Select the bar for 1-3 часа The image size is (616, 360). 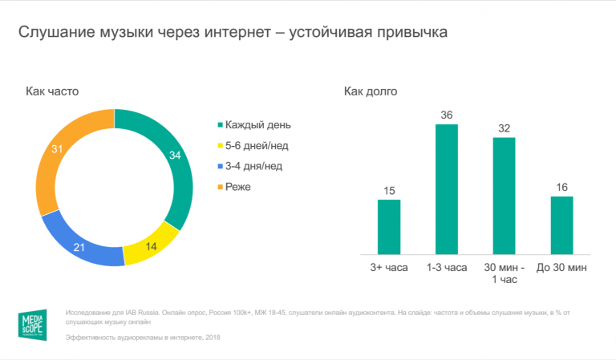(x=447, y=189)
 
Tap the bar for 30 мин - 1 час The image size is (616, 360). (x=504, y=196)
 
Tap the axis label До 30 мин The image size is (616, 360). (x=561, y=266)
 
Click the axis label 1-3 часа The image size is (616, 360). (x=447, y=266)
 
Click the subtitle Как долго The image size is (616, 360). (x=371, y=91)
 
